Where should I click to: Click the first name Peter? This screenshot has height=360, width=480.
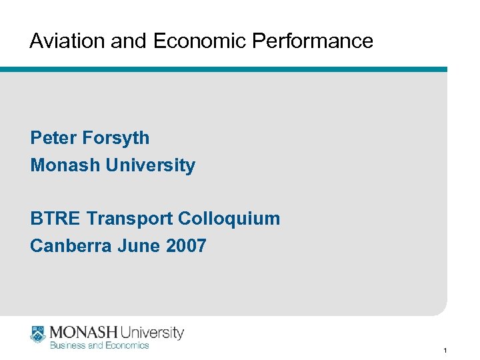pos(53,138)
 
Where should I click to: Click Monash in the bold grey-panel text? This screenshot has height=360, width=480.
pos(65,165)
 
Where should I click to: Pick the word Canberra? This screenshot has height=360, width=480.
pos(71,246)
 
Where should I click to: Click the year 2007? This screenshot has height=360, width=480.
pos(186,246)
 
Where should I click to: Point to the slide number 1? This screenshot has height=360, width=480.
pos(444,350)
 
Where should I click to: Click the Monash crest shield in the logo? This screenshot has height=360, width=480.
pos(37,334)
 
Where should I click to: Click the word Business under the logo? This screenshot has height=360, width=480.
pos(67,345)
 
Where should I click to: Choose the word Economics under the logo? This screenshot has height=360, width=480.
pos(127,345)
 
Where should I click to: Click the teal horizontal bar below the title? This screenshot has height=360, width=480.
pos(223,69)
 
